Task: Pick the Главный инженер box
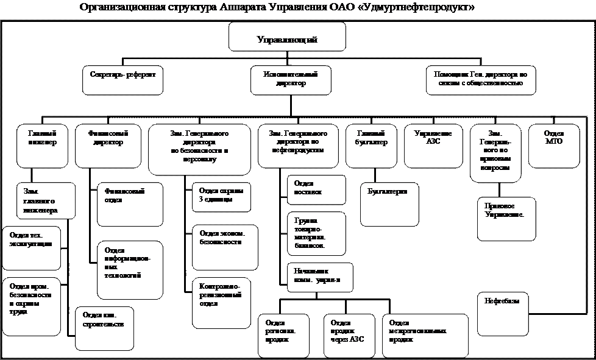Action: click(x=42, y=146)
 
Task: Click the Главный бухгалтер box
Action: click(x=371, y=146)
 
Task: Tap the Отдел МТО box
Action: click(x=553, y=146)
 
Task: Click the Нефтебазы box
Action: click(x=503, y=314)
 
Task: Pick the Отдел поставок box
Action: click(x=316, y=189)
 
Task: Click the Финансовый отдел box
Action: click(x=130, y=204)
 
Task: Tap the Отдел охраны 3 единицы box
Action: click(x=221, y=197)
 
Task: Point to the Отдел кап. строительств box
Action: click(x=104, y=328)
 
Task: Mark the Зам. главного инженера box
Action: click(x=46, y=200)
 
